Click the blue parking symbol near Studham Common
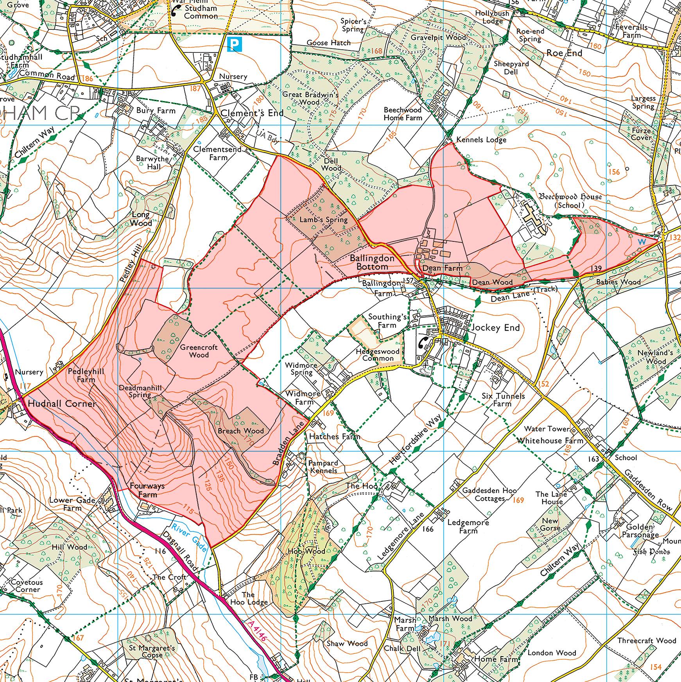235,44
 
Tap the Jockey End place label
496,328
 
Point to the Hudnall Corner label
62,404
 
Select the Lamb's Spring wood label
323,220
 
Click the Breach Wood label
241,431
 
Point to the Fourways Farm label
147,490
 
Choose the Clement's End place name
252,113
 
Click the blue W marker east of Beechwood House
642,242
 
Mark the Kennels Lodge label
481,140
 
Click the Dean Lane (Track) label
523,294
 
